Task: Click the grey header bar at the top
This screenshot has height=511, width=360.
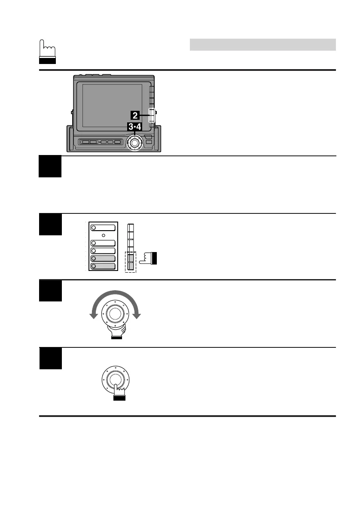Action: tap(262, 44)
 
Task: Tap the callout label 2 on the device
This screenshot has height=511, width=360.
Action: tap(135, 115)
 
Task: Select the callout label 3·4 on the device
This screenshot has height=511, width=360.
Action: tap(136, 127)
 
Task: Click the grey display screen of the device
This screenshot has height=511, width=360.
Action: tap(112, 105)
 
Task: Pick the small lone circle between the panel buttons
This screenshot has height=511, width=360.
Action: tap(103, 236)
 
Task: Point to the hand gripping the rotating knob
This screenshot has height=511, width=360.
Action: tap(115, 330)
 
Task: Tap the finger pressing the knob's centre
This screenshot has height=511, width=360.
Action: tap(118, 392)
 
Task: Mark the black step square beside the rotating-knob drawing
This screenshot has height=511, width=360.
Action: tap(50, 291)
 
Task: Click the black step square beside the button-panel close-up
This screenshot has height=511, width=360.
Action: tap(50, 224)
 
